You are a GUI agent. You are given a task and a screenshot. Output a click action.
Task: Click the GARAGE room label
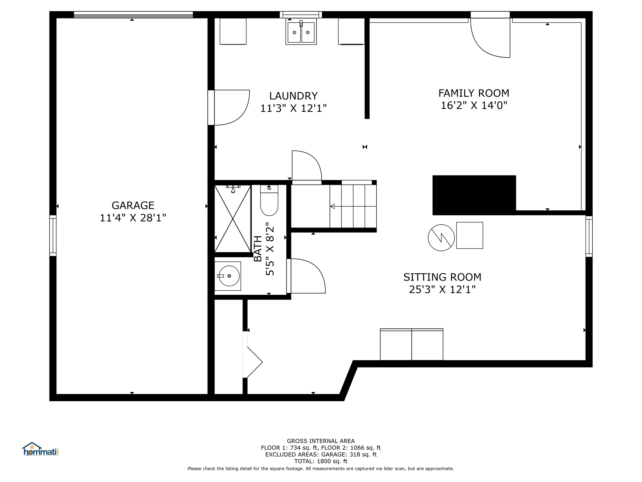133,206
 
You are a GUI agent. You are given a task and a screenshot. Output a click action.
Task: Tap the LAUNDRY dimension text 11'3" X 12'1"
293,108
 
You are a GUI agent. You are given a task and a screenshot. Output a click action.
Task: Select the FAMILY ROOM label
474,93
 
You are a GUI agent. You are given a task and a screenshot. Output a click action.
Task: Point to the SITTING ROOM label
442,277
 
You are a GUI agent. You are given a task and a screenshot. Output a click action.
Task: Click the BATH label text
258,249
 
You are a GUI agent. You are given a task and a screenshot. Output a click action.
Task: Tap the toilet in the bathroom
269,200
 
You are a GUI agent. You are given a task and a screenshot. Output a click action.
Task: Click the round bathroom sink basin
229,276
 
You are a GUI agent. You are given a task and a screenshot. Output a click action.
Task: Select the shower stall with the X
233,218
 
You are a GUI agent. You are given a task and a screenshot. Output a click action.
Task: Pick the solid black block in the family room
474,195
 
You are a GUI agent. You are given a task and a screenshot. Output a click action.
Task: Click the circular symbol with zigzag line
441,238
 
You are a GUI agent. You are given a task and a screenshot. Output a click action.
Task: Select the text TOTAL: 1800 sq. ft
321,461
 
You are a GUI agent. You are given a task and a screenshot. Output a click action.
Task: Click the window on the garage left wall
53,236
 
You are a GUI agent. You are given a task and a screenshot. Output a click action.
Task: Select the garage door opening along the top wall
133,15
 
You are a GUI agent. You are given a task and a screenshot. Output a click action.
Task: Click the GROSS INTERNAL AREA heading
321,441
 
